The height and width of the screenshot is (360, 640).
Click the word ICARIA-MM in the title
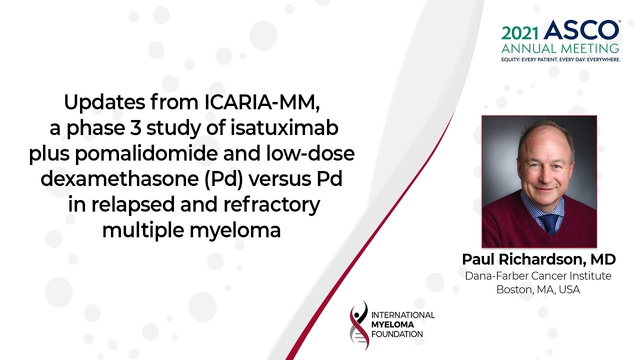point(262,102)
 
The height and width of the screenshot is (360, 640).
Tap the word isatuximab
point(284,127)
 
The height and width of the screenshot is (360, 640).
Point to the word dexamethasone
point(119,179)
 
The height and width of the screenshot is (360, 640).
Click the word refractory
point(271,205)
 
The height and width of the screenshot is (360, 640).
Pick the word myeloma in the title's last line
point(235,231)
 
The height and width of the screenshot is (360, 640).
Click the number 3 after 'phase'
point(135,127)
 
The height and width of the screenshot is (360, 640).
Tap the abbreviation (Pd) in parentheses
point(223,179)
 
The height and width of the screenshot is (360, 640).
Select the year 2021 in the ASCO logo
point(520,33)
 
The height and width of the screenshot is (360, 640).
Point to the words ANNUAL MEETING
point(560,48)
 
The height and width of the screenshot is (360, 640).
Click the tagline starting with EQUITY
point(560,59)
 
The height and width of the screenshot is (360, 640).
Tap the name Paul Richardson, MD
point(539,259)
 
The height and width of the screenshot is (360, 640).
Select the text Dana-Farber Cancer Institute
point(538,276)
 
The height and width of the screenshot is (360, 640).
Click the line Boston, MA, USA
point(538,289)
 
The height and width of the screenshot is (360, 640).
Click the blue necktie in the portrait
point(549,223)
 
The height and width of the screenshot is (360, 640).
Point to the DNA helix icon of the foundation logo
point(359,325)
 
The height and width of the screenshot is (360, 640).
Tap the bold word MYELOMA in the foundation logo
point(392,324)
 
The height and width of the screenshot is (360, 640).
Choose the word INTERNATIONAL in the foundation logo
point(403,315)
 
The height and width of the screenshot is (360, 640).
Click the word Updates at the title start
point(104,102)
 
